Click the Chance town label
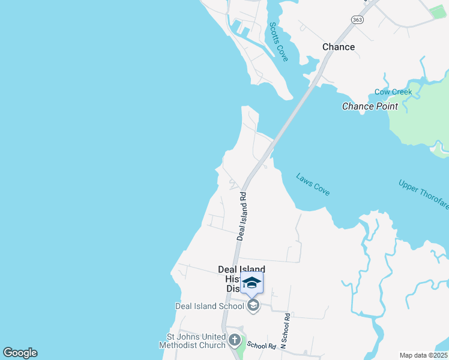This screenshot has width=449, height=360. tap(339, 47)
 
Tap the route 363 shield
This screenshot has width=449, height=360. tap(358, 20)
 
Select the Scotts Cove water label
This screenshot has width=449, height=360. tap(279, 41)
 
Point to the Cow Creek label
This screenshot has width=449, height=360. tap(393, 92)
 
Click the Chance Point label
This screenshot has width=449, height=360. tap(370, 106)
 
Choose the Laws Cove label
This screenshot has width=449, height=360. tap(313, 184)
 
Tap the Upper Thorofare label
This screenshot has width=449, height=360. tap(423, 194)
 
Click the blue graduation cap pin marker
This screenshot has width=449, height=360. tap(252, 283)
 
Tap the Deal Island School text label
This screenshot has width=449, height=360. tap(209, 305)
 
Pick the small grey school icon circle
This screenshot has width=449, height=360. tap(253, 306)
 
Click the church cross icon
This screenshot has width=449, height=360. tap(235, 341)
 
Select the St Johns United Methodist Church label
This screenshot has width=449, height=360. tap(192, 341)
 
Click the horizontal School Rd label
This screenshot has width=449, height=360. tap(261, 346)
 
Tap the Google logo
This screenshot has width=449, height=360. tap(20, 353)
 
